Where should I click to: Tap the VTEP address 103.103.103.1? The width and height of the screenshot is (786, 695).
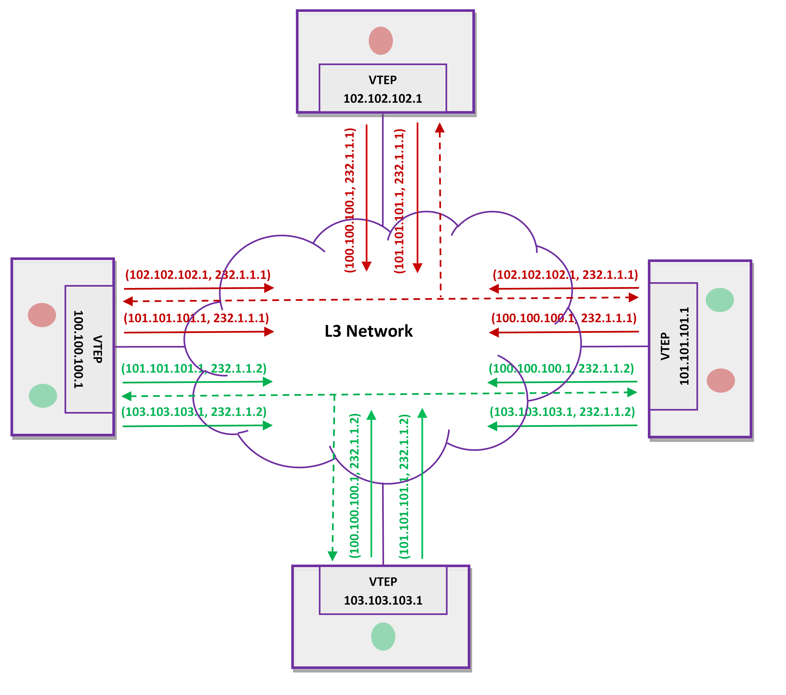[383, 600]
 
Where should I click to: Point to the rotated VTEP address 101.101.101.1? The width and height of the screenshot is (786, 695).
[684, 346]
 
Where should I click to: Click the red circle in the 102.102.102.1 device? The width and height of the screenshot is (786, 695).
[381, 41]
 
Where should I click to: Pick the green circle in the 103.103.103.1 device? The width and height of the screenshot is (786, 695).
[383, 637]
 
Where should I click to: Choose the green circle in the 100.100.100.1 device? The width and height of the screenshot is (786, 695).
[43, 395]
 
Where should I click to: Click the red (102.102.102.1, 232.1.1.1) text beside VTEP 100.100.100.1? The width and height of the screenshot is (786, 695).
[198, 275]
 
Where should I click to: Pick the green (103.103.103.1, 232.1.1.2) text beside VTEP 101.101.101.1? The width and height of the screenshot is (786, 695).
[562, 412]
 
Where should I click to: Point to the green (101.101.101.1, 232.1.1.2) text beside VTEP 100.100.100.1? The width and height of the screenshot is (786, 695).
[194, 368]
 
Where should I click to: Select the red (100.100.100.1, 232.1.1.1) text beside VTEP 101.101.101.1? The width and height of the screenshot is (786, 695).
[564, 318]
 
